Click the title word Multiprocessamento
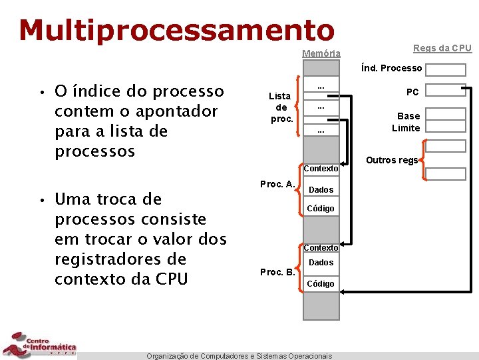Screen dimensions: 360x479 tap(176, 29)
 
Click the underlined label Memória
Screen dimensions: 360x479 tap(321, 53)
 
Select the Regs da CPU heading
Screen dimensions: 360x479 tap(442, 48)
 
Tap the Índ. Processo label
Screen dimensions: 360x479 tap(391, 68)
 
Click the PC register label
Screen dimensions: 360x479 tap(412, 92)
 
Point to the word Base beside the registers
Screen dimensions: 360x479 tap(408, 116)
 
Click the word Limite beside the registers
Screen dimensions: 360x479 tap(406, 128)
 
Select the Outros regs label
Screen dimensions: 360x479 tap(392, 160)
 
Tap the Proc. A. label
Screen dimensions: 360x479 tap(277, 184)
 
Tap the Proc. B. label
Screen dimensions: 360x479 tap(277, 272)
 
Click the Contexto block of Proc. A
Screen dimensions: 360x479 tap(321, 169)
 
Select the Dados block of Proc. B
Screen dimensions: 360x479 tap(321, 263)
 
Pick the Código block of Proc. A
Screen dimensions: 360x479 tap(321, 209)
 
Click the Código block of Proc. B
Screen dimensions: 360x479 tap(321, 284)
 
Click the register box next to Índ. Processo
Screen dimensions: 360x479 tap(446, 70)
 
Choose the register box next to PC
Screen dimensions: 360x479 tap(446, 91)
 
